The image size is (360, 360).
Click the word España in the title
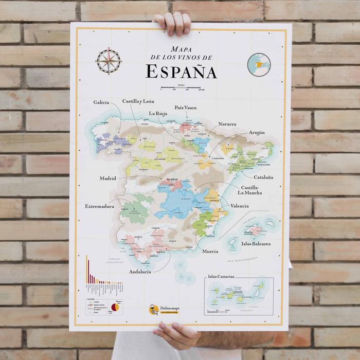181,71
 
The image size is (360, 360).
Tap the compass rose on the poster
108,61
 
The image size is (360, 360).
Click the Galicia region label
101,102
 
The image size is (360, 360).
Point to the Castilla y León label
138,101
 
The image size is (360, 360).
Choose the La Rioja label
159,113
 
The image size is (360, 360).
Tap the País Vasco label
185,108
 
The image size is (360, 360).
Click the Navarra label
227,124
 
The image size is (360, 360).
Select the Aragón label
257,132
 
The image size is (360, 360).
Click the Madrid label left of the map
108,178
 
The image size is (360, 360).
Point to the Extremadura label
99,206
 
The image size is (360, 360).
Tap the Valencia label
240,206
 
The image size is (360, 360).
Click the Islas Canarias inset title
221,277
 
